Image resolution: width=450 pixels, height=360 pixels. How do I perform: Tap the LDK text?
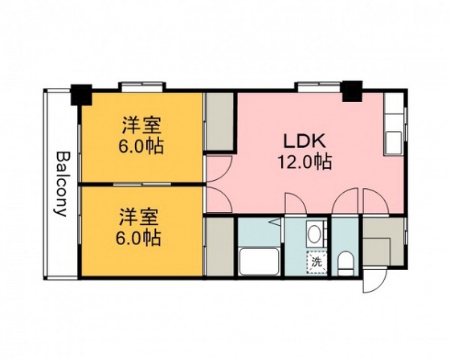point(305,141)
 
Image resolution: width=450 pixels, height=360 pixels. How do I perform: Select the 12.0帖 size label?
point(305,162)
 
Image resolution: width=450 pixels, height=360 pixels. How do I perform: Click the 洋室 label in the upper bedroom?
point(141,125)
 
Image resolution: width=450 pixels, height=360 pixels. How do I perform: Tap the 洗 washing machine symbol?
point(317,262)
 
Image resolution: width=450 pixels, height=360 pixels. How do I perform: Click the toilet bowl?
point(346,264)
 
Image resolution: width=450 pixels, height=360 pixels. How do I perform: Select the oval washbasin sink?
point(315,233)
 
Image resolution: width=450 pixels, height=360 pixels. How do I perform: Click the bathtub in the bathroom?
point(259,261)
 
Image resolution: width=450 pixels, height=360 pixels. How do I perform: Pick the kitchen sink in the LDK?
point(394,141)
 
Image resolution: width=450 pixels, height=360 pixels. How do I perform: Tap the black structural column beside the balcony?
point(81,95)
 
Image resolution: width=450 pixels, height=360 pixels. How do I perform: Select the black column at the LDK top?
point(353,92)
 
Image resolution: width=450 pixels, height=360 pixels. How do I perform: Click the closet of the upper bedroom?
point(220,121)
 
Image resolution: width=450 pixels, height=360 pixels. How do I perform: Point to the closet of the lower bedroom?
point(220,247)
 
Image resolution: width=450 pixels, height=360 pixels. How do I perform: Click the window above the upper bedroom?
point(142,87)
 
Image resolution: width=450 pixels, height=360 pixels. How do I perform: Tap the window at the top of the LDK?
point(318,86)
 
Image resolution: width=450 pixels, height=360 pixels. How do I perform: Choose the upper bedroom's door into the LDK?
point(219,169)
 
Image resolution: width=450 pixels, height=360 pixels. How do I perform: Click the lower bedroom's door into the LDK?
point(219,200)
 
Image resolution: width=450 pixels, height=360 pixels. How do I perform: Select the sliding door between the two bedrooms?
point(142,184)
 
